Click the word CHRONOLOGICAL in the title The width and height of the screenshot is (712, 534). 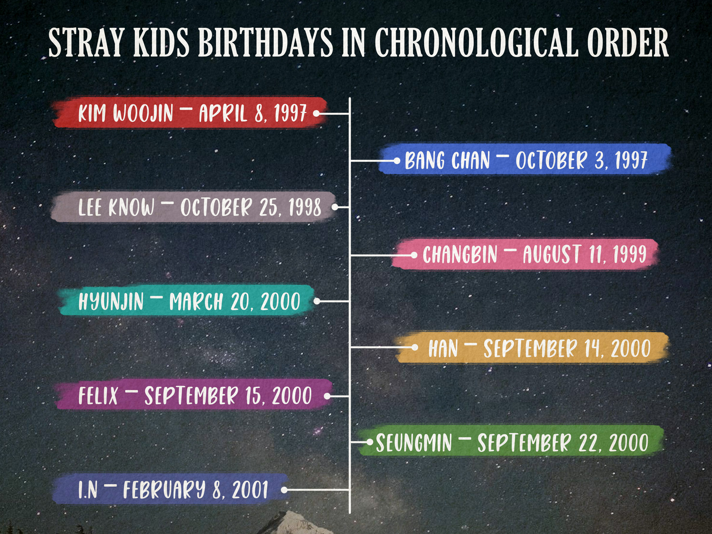[x=475, y=42]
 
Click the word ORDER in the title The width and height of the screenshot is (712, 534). [x=628, y=42]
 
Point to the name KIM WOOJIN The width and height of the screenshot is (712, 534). [x=125, y=113]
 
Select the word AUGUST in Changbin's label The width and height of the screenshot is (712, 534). [x=552, y=254]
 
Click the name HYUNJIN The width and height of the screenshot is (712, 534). [x=111, y=302]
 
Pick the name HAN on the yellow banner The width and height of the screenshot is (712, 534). [x=443, y=348]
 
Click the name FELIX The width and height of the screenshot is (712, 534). [x=98, y=396]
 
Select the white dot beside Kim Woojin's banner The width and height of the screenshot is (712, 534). [x=316, y=113]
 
